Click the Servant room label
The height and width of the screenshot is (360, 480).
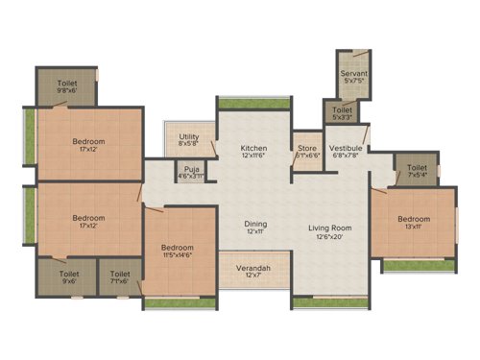(x=354, y=74)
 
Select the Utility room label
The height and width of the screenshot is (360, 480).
(x=187, y=139)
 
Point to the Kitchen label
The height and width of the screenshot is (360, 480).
(x=253, y=148)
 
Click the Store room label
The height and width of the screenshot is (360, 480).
(x=306, y=148)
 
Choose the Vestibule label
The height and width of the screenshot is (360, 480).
(x=346, y=149)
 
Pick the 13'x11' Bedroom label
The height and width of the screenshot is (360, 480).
(x=417, y=218)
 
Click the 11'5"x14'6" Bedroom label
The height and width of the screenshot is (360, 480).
(x=179, y=249)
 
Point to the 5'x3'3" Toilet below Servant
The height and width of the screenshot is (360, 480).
(x=343, y=113)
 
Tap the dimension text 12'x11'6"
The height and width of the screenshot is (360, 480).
(x=253, y=154)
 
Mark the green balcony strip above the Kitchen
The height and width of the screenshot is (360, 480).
(x=253, y=102)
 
